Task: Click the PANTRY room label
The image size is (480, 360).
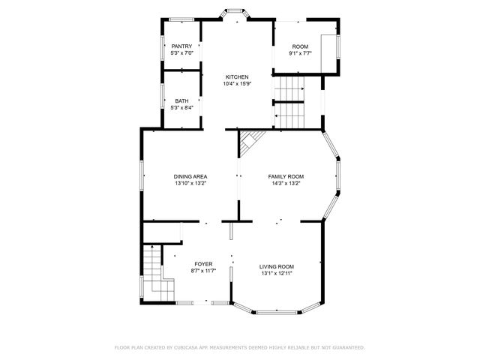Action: [182, 46]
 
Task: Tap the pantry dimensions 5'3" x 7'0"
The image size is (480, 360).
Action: [182, 53]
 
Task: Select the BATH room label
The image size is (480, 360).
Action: [182, 101]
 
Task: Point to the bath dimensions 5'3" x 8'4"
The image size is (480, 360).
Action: [182, 108]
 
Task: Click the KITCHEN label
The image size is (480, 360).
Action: [237, 76]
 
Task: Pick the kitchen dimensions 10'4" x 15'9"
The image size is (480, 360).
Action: [237, 83]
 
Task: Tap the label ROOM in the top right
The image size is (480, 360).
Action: [300, 46]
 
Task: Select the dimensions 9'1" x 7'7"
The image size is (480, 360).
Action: [300, 53]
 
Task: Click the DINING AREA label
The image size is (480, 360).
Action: [190, 176]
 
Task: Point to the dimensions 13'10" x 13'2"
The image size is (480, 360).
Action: [190, 183]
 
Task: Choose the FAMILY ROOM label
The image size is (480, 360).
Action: [286, 176]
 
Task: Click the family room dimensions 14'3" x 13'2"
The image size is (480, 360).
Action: [286, 183]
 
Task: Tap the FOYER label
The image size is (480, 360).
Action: [203, 264]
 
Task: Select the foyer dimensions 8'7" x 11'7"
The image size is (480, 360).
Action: [203, 271]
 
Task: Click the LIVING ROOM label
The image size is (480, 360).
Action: [277, 267]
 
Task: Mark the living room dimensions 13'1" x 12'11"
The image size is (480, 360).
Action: [277, 274]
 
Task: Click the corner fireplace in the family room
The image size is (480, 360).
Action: [250, 138]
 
